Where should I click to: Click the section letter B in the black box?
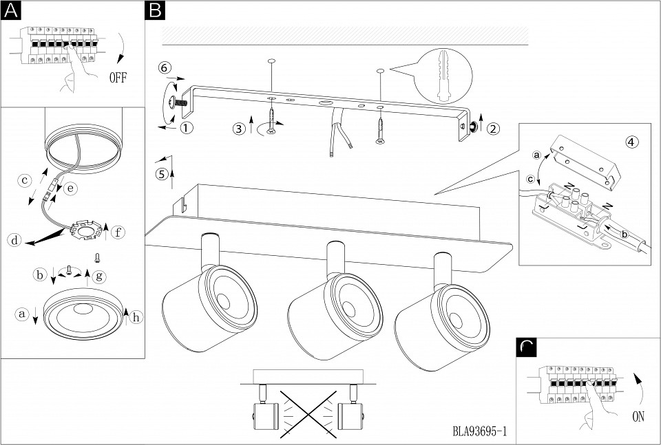click(156, 10)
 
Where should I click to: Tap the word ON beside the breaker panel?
click(639, 416)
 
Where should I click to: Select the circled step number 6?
click(163, 67)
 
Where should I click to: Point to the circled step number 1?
click(187, 127)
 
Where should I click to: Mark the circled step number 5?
click(162, 173)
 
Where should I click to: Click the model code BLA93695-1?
click(480, 432)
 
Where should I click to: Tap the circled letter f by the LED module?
click(118, 232)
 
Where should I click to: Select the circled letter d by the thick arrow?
click(13, 240)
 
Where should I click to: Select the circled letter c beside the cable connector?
click(24, 181)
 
